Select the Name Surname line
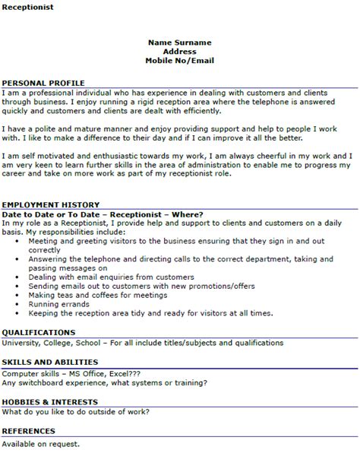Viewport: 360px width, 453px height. click(x=180, y=43)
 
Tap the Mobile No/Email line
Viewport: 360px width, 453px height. click(x=180, y=60)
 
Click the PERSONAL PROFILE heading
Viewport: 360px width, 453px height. click(x=43, y=82)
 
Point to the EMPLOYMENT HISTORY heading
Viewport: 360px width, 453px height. click(x=50, y=205)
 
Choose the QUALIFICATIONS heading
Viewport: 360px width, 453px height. click(x=38, y=332)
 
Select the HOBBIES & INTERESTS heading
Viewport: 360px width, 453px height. click(x=49, y=401)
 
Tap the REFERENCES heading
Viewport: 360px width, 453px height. click(x=30, y=432)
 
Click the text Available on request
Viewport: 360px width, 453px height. click(x=41, y=443)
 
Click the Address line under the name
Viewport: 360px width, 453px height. click(x=180, y=51)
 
